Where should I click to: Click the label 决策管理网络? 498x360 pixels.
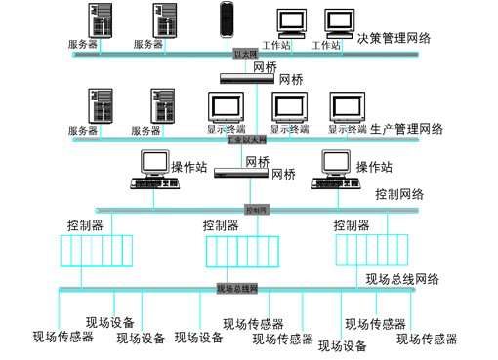(394, 39)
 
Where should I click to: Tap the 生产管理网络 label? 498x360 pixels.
(407, 129)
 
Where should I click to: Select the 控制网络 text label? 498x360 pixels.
(399, 194)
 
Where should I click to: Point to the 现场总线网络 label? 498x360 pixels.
(402, 279)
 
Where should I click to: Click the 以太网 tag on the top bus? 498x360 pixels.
(244, 55)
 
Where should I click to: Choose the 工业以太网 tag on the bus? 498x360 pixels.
(246, 140)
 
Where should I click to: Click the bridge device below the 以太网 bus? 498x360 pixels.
(245, 79)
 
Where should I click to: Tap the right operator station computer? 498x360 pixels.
(333, 171)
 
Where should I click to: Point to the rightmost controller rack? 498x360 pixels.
(370, 251)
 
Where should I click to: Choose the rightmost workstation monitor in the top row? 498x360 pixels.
(340, 21)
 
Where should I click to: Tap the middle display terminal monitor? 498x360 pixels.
(286, 107)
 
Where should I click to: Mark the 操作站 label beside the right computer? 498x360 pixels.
(374, 166)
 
